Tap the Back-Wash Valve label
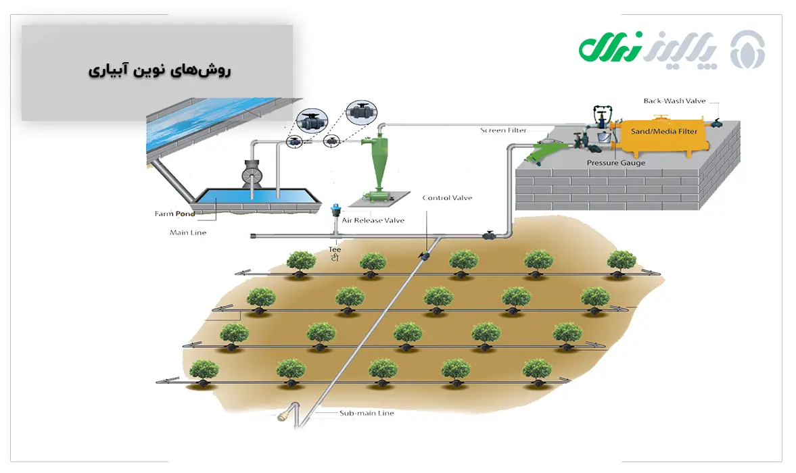click(674, 101)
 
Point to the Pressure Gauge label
click(615, 163)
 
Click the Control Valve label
click(447, 198)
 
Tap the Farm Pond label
click(174, 214)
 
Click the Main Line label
click(188, 232)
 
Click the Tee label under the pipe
click(334, 249)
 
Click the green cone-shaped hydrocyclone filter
click(377, 162)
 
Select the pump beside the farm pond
click(252, 176)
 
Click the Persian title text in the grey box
click(160, 70)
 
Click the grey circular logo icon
click(748, 49)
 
